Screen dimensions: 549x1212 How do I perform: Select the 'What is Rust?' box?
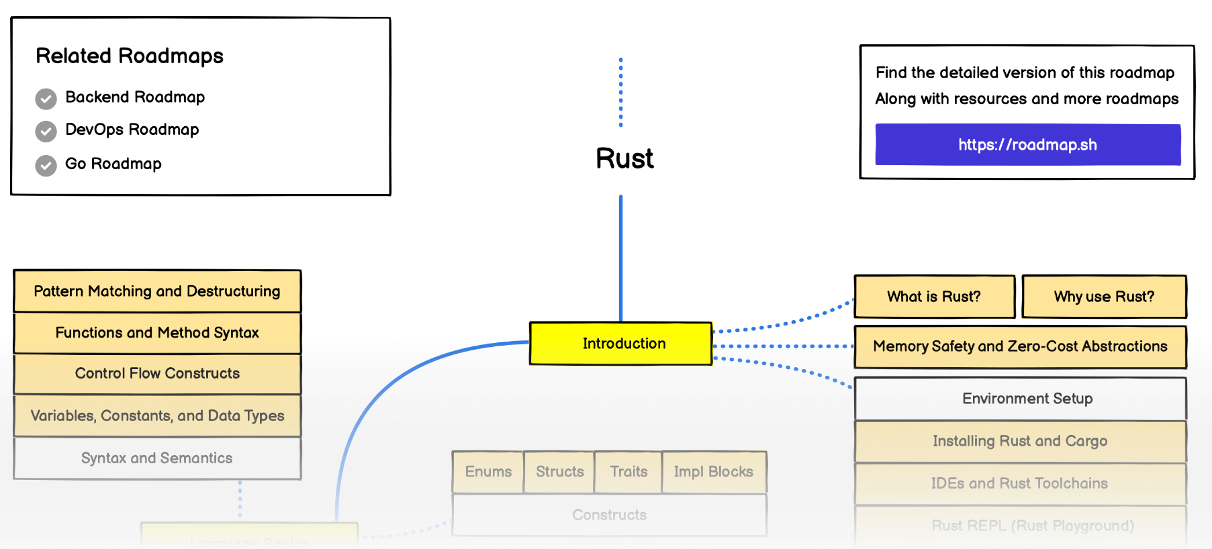pyautogui.click(x=934, y=297)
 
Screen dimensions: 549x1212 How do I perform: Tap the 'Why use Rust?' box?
pyautogui.click(x=1104, y=297)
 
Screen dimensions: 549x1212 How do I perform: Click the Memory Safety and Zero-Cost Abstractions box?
pyautogui.click(x=1020, y=346)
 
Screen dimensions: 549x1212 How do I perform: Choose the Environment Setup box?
pyautogui.click(x=1020, y=399)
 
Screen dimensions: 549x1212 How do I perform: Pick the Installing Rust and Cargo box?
pyautogui.click(x=1020, y=441)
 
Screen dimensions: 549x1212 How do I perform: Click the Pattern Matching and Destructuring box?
pyautogui.click(x=157, y=291)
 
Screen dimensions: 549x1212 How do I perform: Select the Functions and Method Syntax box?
pyautogui.click(x=157, y=333)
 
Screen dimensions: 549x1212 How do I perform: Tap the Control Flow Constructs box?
pyautogui.click(x=157, y=374)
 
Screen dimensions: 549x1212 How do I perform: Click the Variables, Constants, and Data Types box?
pyautogui.click(x=157, y=416)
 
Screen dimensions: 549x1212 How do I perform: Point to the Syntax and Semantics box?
pyautogui.click(x=157, y=458)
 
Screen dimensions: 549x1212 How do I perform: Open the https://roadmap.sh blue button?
pyautogui.click(x=1027, y=145)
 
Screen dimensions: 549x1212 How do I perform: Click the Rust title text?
pyautogui.click(x=624, y=159)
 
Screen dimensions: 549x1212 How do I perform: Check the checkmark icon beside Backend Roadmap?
pyautogui.click(x=46, y=99)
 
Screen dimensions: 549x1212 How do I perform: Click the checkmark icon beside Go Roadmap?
pyautogui.click(x=46, y=165)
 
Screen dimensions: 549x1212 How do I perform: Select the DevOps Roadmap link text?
pyautogui.click(x=132, y=130)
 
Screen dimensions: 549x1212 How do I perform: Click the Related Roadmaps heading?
pyautogui.click(x=130, y=56)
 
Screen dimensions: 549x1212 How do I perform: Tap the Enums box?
pyautogui.click(x=488, y=472)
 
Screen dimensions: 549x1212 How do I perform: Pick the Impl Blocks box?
pyautogui.click(x=714, y=472)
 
